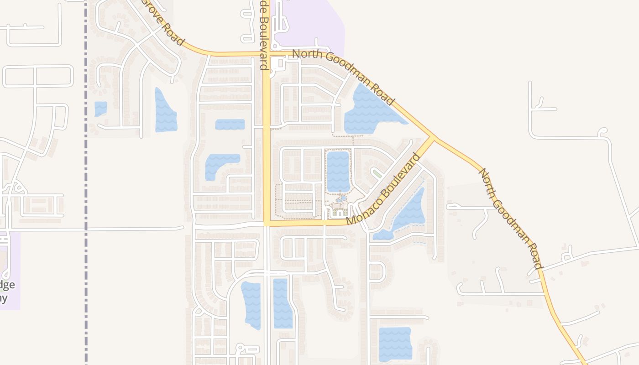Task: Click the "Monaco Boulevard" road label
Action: [x=383, y=189]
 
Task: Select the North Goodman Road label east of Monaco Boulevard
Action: [x=510, y=218]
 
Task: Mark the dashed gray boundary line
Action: [x=86, y=182]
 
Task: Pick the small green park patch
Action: [x=377, y=173]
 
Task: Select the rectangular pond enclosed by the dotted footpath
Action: [x=338, y=171]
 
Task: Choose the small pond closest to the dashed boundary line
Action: [x=100, y=109]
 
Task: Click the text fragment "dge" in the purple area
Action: [x=7, y=285]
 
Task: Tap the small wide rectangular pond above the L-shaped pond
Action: [x=230, y=124]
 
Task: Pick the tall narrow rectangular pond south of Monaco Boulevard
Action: [x=283, y=303]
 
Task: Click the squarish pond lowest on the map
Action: [x=395, y=344]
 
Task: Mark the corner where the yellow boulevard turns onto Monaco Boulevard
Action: [x=267, y=223]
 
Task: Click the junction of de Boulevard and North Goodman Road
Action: [x=267, y=54]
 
